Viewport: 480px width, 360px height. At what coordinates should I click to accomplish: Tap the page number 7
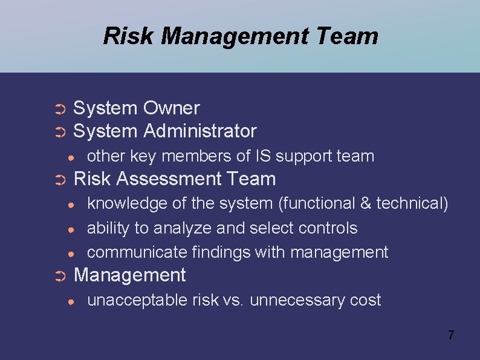tap(451, 335)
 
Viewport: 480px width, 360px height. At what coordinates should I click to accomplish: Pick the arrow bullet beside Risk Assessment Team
tap(59, 180)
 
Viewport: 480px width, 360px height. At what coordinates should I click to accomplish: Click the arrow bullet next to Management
tap(59, 276)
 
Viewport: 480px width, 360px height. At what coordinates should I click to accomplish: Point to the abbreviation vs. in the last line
tap(234, 301)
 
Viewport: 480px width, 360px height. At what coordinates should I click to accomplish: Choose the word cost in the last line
tap(364, 301)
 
